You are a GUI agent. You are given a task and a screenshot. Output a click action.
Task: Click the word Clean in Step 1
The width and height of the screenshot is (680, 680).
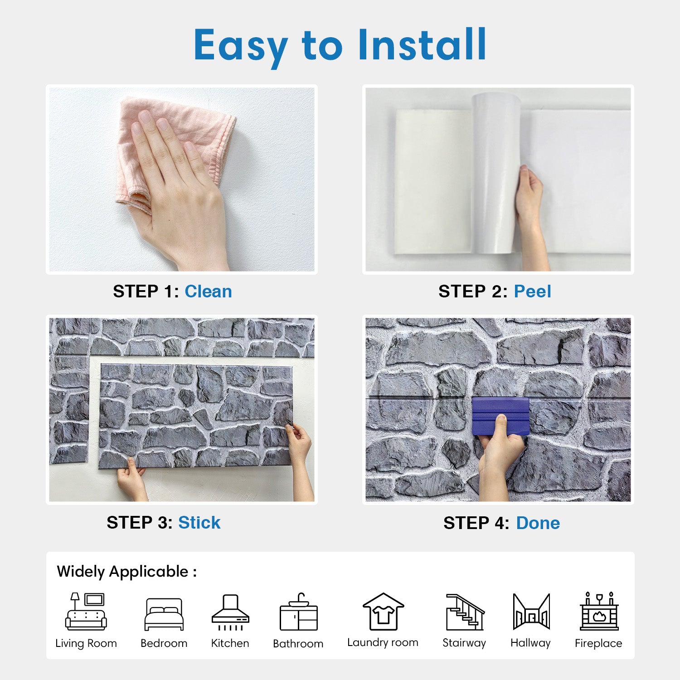pos(208,291)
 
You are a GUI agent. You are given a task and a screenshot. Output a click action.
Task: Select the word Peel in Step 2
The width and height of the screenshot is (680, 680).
pos(532,291)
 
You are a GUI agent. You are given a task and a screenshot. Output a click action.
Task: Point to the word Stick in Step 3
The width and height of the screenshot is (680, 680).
pos(199,523)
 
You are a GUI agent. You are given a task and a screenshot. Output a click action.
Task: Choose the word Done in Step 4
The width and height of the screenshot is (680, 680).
pos(538,523)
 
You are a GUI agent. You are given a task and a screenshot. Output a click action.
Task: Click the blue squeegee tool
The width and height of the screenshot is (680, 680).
pos(500,416)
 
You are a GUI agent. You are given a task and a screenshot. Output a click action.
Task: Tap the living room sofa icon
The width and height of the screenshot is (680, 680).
pos(86,612)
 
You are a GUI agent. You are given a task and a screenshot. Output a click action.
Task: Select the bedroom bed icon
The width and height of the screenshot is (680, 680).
pos(164,614)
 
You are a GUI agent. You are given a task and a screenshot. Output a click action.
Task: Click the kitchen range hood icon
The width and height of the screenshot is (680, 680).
pos(230,612)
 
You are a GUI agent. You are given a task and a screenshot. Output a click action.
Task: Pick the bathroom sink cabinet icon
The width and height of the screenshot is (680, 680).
pos(298,612)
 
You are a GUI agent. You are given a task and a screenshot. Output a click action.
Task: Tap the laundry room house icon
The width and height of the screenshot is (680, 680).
pos(383,612)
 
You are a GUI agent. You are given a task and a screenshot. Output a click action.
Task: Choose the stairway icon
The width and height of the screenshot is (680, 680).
pos(465,612)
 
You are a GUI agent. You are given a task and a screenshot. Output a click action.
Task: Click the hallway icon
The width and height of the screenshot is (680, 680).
pos(531,612)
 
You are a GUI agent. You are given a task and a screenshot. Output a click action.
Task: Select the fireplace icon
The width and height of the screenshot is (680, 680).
pos(599,611)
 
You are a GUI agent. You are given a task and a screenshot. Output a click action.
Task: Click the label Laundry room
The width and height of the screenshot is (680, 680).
pos(383,642)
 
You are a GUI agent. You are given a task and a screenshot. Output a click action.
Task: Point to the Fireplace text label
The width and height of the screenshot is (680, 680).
pos(598,643)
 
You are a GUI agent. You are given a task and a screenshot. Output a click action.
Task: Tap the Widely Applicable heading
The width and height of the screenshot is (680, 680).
pos(126,572)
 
